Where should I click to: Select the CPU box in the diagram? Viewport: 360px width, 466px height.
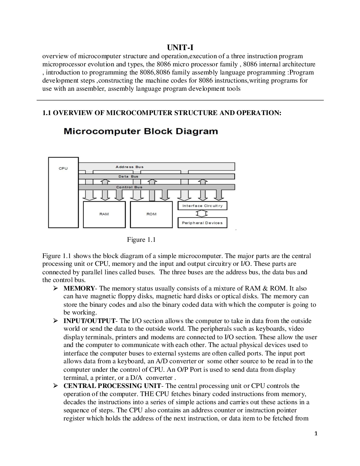click(x=63, y=192)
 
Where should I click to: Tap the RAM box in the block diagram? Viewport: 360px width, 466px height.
click(x=104, y=214)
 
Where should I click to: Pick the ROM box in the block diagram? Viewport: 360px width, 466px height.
click(x=151, y=214)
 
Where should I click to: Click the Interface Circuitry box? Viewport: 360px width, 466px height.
click(x=202, y=206)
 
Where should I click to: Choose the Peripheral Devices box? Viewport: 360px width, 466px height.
click(x=202, y=223)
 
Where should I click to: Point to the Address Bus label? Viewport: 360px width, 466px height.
click(x=130, y=167)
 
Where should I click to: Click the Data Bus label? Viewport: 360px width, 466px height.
click(x=128, y=176)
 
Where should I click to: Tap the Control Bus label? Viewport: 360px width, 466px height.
click(x=129, y=187)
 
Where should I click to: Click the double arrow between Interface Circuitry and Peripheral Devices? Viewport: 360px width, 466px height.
click(x=202, y=214)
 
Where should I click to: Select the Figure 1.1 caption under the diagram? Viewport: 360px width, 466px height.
click(x=141, y=240)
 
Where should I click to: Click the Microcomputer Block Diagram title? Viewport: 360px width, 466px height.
click(x=141, y=132)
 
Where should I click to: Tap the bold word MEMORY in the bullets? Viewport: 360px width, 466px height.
click(x=79, y=288)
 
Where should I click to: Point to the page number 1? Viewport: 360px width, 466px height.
click(x=316, y=434)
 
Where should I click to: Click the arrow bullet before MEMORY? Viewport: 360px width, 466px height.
click(x=55, y=288)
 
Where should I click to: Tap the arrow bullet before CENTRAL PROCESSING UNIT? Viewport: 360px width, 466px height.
click(x=55, y=386)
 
